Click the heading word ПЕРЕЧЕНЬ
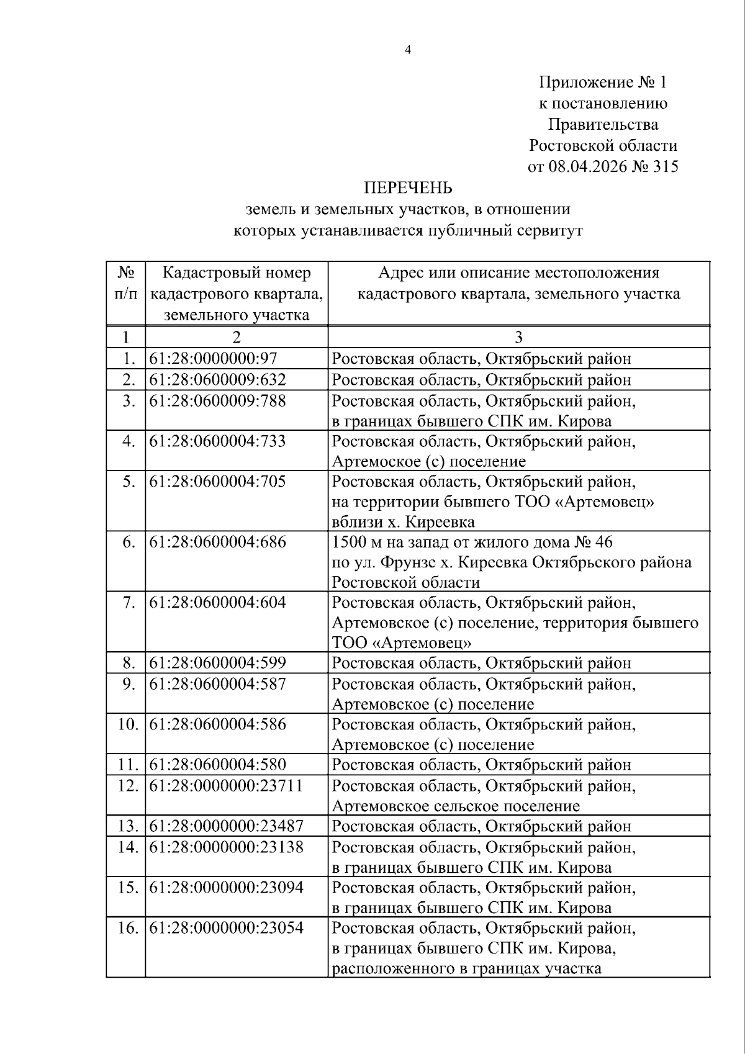(407, 188)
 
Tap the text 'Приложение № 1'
(602, 83)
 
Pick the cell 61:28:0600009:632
(217, 379)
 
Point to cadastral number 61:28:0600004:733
(217, 441)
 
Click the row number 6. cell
(128, 542)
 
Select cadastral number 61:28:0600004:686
(217, 542)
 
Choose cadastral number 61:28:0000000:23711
(226, 786)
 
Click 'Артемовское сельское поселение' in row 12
(456, 806)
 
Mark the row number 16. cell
(127, 928)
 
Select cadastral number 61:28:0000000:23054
(226, 928)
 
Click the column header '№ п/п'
(126, 283)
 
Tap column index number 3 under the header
(518, 337)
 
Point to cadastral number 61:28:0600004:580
(217, 765)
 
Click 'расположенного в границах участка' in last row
(467, 968)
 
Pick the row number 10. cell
(127, 724)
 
